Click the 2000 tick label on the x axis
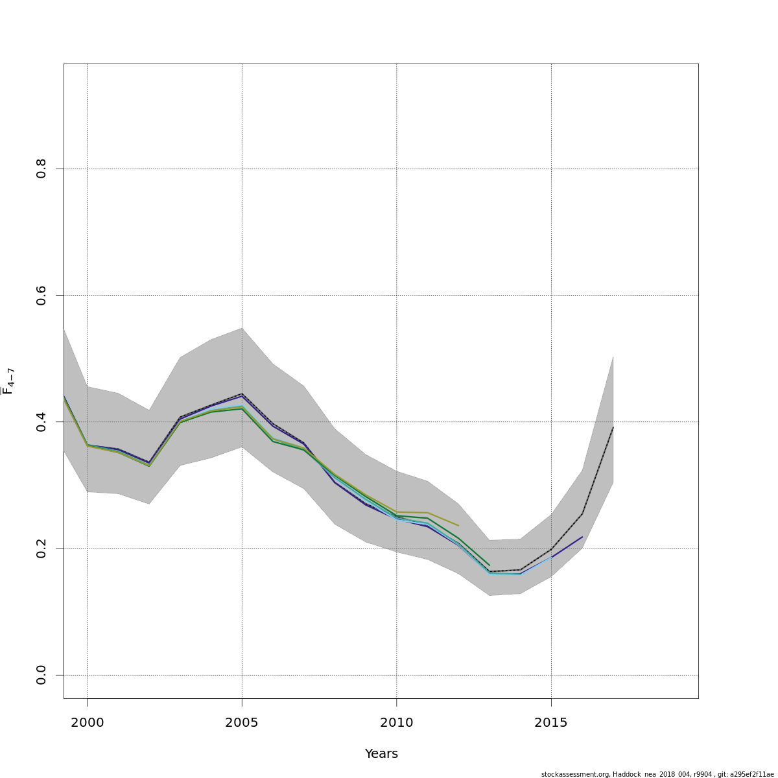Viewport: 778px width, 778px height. tap(87, 722)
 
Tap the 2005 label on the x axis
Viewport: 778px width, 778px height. tap(242, 722)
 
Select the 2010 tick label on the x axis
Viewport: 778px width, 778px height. tap(396, 722)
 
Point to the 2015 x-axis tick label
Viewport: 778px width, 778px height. tap(551, 722)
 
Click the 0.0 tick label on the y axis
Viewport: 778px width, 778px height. tap(41, 675)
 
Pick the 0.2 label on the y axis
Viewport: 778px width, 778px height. tap(41, 548)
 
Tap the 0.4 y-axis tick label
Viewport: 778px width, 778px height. tap(41, 421)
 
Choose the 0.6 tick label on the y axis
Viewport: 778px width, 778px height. tap(41, 295)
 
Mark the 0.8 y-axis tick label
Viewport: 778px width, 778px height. tap(41, 169)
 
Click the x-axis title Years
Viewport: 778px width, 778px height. tap(381, 754)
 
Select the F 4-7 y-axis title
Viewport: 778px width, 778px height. tap(8, 381)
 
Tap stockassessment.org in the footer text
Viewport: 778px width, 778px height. tap(571, 774)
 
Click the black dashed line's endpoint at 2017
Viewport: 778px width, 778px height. tap(613, 427)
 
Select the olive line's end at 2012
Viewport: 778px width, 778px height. tap(458, 525)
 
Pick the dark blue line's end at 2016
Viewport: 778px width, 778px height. tap(582, 537)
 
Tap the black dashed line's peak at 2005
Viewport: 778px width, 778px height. tap(242, 394)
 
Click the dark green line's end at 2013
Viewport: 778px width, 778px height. tap(489, 565)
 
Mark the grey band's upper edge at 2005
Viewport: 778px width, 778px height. tap(242, 328)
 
